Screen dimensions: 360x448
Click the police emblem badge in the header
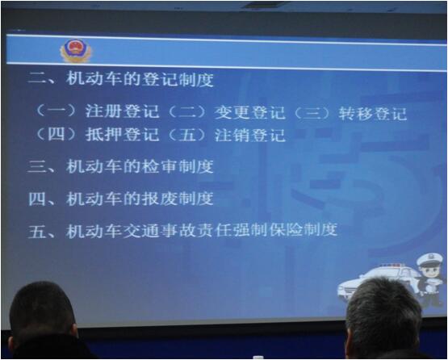[76, 52]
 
